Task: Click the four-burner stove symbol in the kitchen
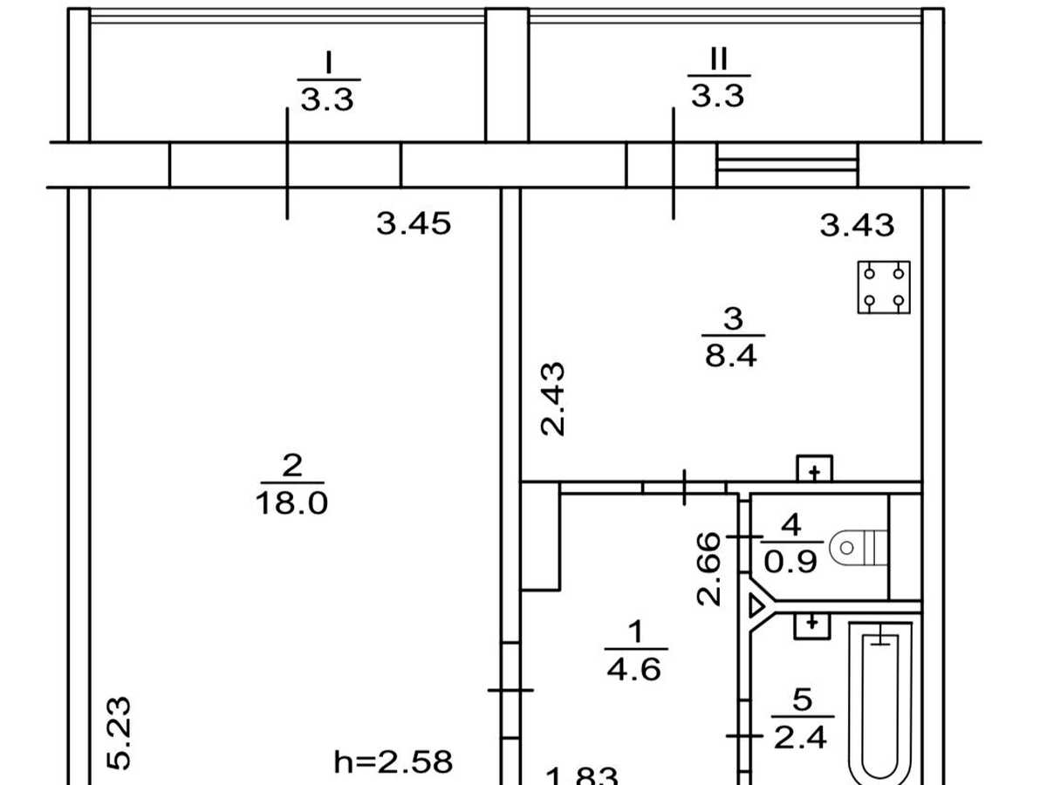click(x=884, y=288)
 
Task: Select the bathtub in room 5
click(x=880, y=703)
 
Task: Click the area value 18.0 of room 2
click(x=292, y=503)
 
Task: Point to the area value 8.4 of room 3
click(x=731, y=356)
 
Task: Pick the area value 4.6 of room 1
click(x=634, y=669)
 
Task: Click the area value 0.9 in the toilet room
click(x=790, y=562)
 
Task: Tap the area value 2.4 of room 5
click(x=800, y=737)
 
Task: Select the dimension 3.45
click(x=414, y=223)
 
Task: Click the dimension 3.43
click(x=857, y=225)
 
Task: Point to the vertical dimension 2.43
click(x=553, y=399)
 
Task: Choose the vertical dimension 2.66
click(x=708, y=569)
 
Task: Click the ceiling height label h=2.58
click(x=393, y=761)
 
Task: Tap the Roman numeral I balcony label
click(x=328, y=63)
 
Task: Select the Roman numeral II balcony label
click(x=719, y=59)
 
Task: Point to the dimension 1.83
click(x=582, y=778)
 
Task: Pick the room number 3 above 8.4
click(x=733, y=318)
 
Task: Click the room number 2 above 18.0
click(x=292, y=465)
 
